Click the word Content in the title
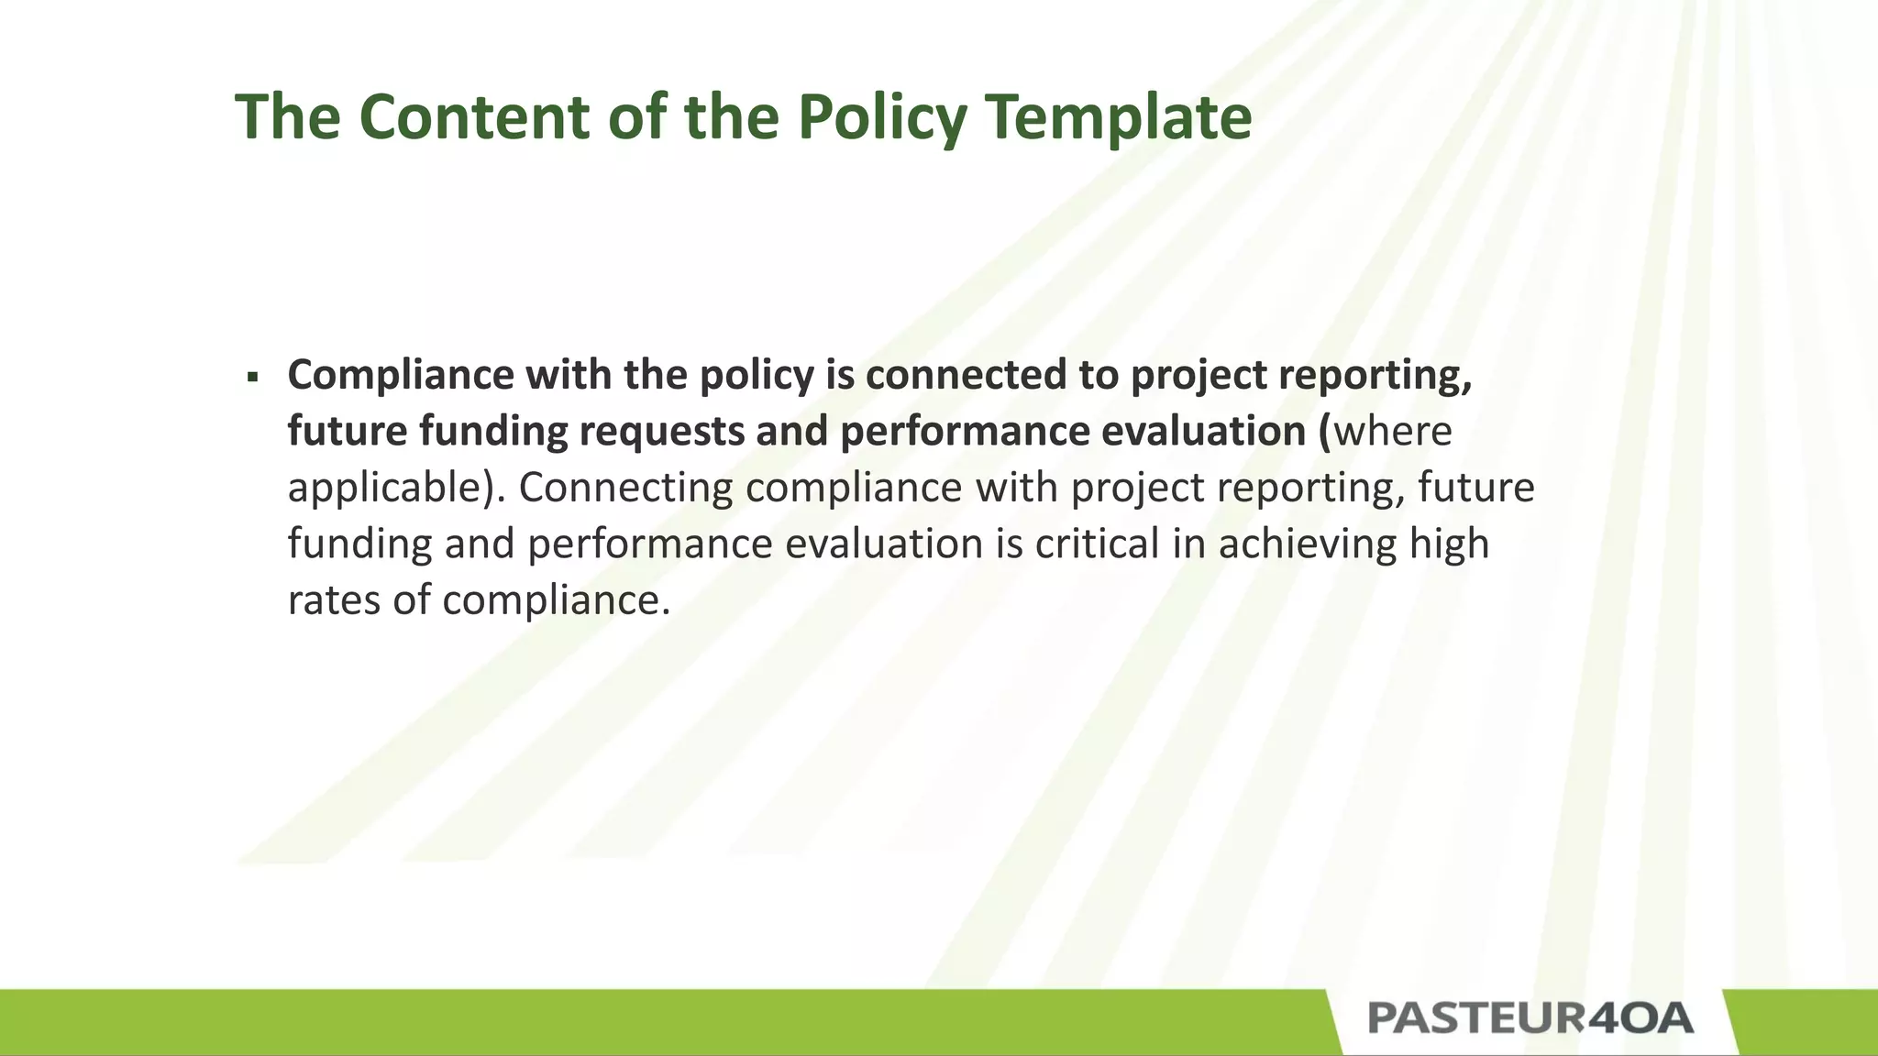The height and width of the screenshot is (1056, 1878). [x=473, y=116]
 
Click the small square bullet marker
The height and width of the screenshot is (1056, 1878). [x=252, y=377]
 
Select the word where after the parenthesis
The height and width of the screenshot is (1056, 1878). [x=1393, y=431]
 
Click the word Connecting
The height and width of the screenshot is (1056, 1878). [x=625, y=488]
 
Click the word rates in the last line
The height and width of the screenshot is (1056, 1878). [x=333, y=600]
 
